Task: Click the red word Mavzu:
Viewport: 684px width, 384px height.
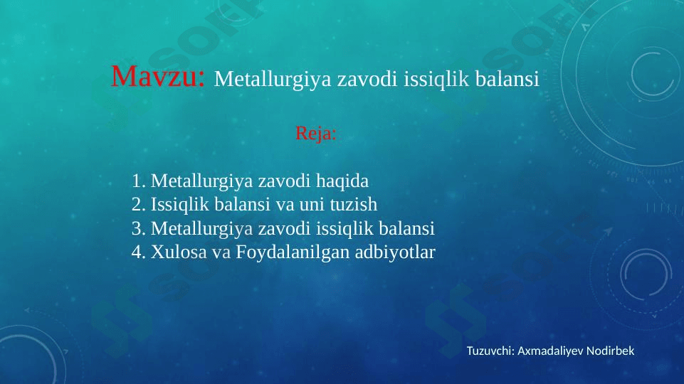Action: pos(157,76)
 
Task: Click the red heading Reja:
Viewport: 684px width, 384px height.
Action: pos(316,133)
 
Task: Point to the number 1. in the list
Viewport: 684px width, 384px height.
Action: pos(138,181)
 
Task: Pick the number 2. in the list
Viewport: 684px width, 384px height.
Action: pos(138,204)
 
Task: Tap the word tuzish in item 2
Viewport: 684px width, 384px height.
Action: pos(353,204)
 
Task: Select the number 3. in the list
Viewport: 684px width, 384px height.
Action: pos(138,228)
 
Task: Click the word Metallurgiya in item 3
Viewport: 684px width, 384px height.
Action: pos(201,229)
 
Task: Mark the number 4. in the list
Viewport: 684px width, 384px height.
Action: pos(138,252)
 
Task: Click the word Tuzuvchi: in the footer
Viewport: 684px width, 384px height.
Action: pos(491,351)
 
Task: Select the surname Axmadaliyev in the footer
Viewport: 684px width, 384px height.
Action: pos(550,351)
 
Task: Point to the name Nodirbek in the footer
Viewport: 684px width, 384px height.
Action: pos(610,351)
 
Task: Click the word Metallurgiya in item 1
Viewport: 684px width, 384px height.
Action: pos(201,181)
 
